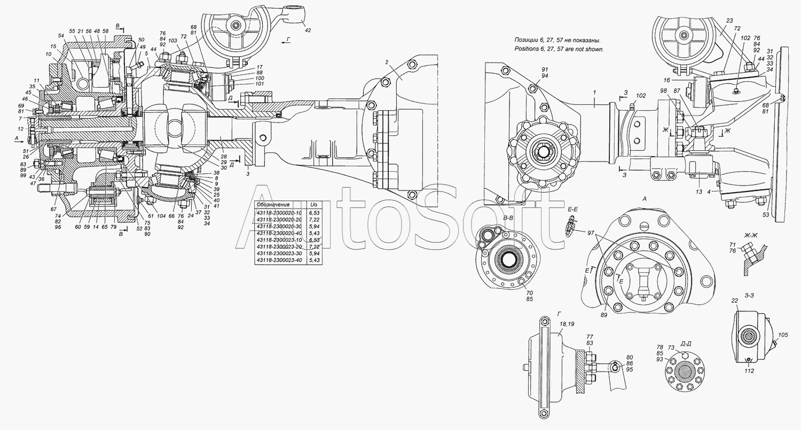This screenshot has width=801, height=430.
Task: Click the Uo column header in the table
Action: [314, 204]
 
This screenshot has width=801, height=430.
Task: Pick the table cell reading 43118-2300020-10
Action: [278, 212]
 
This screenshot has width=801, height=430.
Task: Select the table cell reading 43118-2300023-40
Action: [278, 260]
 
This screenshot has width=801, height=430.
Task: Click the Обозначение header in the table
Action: [273, 204]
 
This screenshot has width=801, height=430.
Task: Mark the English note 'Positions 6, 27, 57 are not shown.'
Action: [559, 49]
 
